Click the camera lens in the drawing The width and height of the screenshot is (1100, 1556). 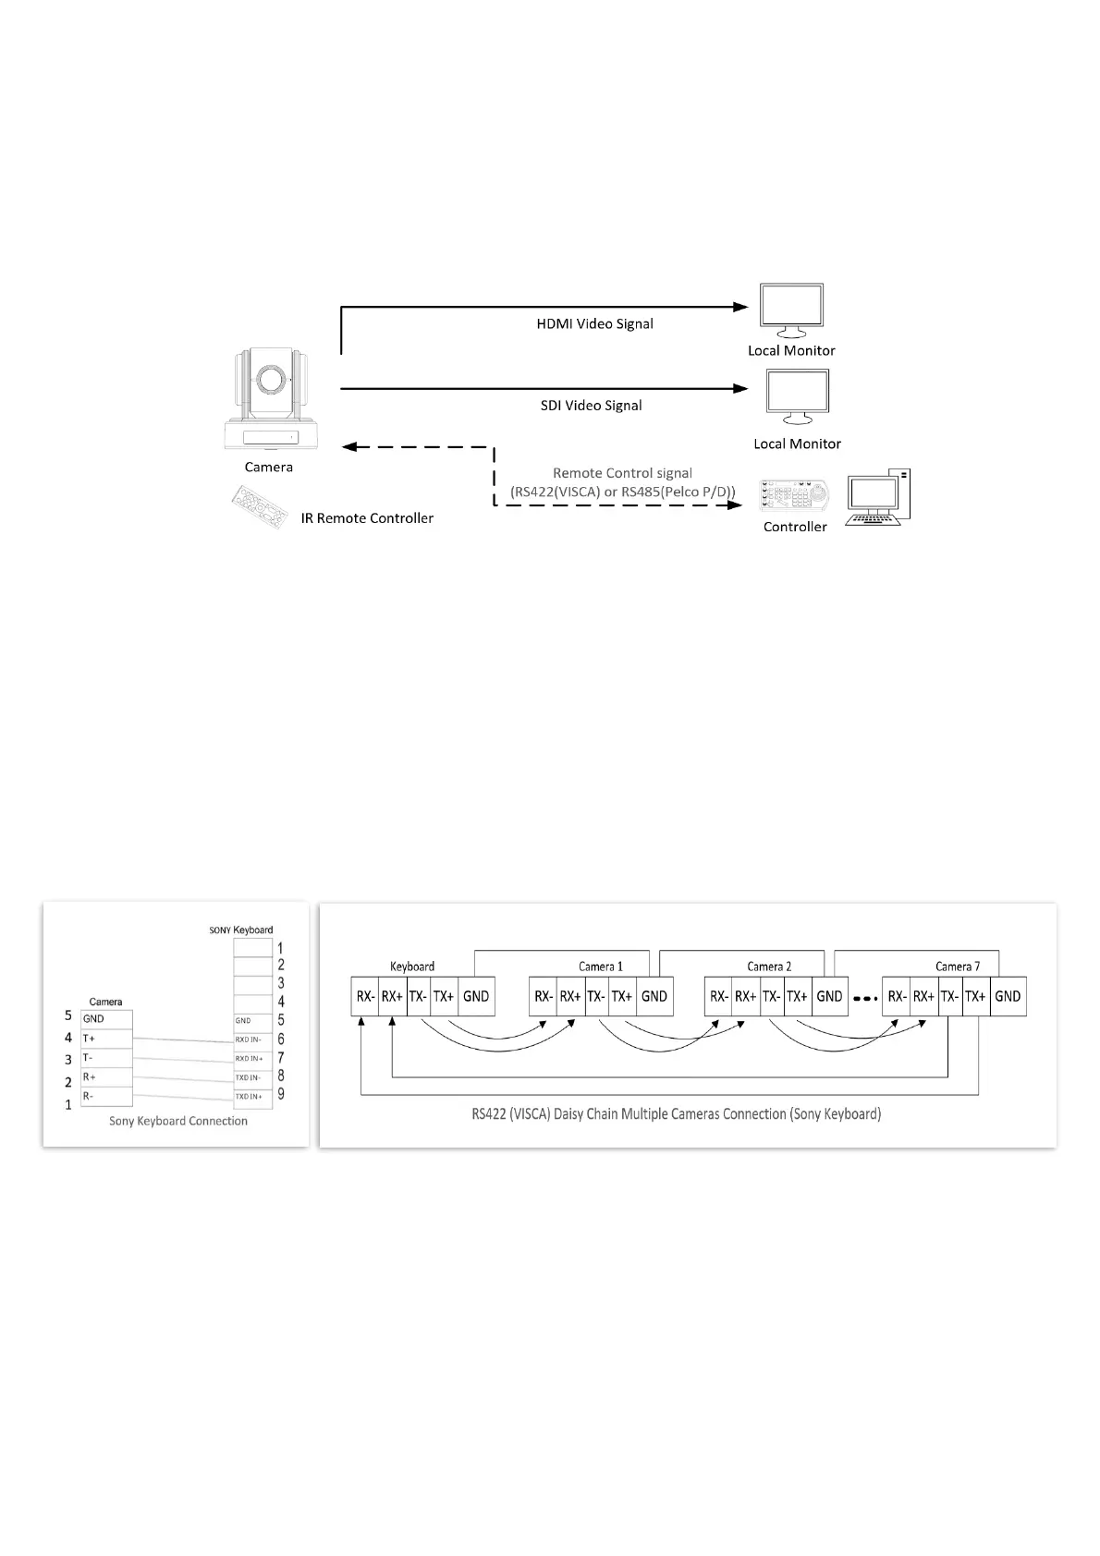270,380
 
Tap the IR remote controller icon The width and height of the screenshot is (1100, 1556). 258,508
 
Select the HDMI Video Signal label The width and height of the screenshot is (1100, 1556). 594,324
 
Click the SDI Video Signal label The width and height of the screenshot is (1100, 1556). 591,406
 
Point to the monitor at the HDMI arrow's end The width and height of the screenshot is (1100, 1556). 790,310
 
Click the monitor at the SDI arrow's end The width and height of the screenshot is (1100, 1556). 797,397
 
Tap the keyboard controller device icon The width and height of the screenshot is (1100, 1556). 793,496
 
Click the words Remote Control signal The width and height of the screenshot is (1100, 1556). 622,473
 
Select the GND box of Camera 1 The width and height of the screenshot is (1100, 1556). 654,997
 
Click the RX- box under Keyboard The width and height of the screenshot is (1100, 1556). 365,997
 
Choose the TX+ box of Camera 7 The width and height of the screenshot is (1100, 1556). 975,997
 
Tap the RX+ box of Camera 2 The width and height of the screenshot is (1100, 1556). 745,997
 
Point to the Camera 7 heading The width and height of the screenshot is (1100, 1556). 957,966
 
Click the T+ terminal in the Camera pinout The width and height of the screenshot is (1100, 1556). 106,1039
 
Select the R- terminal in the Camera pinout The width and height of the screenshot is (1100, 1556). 106,1097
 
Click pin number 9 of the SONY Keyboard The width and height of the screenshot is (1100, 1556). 281,1095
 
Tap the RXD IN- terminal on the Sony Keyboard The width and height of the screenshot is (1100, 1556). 251,1039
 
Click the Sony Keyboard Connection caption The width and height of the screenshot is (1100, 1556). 178,1122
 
